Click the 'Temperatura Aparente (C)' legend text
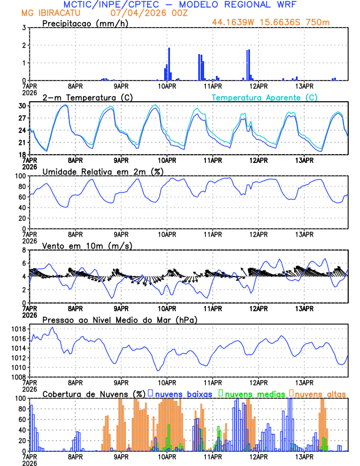(x=264, y=97)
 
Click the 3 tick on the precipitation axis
(x=24, y=28)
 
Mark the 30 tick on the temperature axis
(x=22, y=106)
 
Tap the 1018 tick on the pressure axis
(x=18, y=329)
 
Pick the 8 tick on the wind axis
(x=24, y=250)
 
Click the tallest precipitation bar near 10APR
(x=169, y=64)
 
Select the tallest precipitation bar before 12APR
(x=248, y=65)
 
